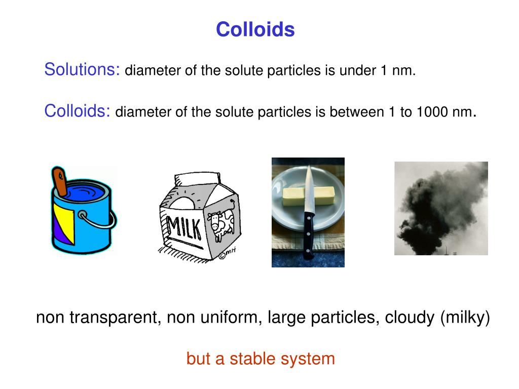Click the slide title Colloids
255,30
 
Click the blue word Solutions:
82,69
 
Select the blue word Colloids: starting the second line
78,110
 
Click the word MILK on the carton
183,228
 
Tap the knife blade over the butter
308,190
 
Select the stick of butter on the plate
294,197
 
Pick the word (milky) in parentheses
465,318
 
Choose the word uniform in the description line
231,318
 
